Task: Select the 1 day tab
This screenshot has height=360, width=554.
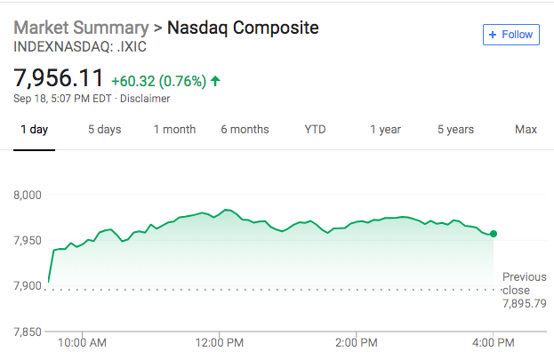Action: pyautogui.click(x=34, y=130)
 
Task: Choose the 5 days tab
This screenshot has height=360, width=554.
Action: pyautogui.click(x=104, y=130)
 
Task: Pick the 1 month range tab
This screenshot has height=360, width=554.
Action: pyautogui.click(x=174, y=130)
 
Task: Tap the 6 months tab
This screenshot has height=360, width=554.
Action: pyautogui.click(x=245, y=130)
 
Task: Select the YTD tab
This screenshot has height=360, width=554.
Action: pyautogui.click(x=315, y=130)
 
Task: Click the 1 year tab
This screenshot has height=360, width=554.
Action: pyautogui.click(x=385, y=130)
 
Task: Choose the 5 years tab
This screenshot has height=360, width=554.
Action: pyautogui.click(x=455, y=130)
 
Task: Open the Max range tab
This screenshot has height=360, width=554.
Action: pyautogui.click(x=526, y=130)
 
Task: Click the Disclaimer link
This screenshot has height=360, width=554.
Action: pyautogui.click(x=144, y=98)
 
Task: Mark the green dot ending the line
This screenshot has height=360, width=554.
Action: pyautogui.click(x=494, y=234)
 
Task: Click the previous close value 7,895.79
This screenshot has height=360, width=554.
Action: pyautogui.click(x=524, y=303)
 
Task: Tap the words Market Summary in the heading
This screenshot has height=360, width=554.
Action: pyautogui.click(x=80, y=28)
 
